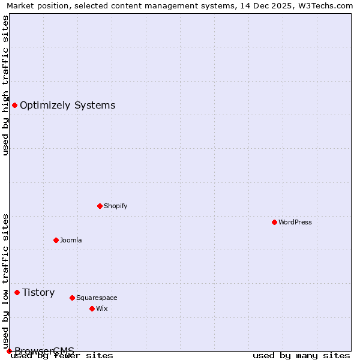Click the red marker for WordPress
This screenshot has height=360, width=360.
pyautogui.click(x=274, y=222)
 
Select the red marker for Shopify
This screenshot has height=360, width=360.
pyautogui.click(x=100, y=206)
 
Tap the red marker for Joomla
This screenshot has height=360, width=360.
pyautogui.click(x=56, y=240)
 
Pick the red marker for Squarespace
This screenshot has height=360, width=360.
pyautogui.click(x=72, y=298)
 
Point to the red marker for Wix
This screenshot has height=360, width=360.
pyautogui.click(x=92, y=308)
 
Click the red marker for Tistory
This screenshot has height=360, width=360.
pyautogui.click(x=17, y=292)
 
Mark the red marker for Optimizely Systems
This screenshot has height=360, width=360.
pyautogui.click(x=14, y=106)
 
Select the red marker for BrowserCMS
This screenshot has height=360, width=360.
pyautogui.click(x=9, y=351)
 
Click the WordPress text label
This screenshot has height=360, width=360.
pyautogui.click(x=295, y=222)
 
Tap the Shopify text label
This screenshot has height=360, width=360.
pyautogui.click(x=116, y=206)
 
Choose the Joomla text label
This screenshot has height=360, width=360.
pyautogui.click(x=71, y=240)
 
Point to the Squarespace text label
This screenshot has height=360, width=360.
pyautogui.click(x=97, y=298)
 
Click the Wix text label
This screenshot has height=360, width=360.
pyautogui.click(x=101, y=308)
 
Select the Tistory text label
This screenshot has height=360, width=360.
pyautogui.click(x=38, y=292)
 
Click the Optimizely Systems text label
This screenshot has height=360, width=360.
pyautogui.click(x=67, y=106)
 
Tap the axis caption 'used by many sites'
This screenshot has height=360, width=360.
pyautogui.click(x=301, y=356)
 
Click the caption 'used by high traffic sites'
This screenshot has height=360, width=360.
pyautogui.click(x=5, y=85)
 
